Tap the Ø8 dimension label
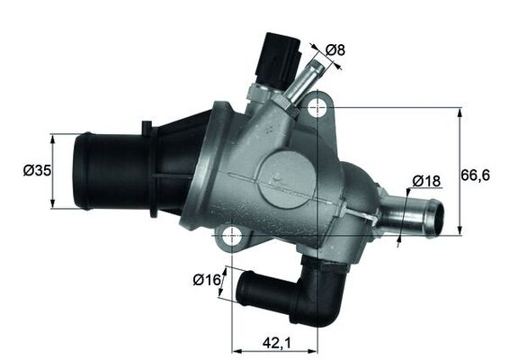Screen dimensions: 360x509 point(335,49)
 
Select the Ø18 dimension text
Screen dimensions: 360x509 point(426,181)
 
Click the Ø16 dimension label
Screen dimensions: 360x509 point(206,280)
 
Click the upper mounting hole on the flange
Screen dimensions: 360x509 point(317,109)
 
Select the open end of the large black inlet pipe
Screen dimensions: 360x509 point(81,171)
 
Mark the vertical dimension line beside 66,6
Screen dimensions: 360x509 point(460,170)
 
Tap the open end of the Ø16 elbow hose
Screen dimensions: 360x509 point(242,289)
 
